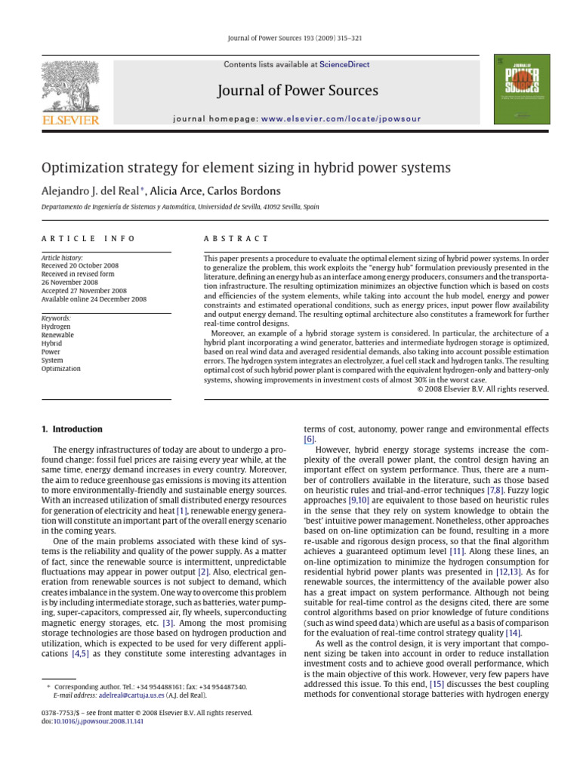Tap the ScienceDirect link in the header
(344, 65)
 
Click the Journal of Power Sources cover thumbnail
(522, 88)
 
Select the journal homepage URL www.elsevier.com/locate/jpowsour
(341, 119)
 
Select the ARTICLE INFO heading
(88, 238)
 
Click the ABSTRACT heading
(236, 238)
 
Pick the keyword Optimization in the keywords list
(60, 369)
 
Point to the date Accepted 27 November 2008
(84, 290)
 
